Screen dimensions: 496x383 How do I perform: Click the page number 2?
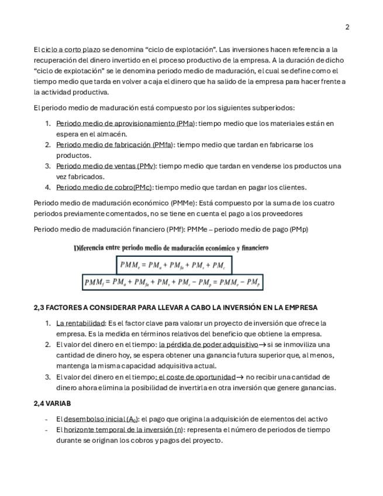347,27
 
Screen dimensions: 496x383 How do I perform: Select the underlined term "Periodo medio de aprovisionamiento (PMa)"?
126,123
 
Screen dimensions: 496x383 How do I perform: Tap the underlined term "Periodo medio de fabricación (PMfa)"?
115,144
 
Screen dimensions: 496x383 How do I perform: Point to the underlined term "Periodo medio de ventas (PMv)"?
106,166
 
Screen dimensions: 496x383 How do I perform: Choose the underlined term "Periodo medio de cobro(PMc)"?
104,188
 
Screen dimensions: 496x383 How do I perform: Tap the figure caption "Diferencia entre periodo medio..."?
171,248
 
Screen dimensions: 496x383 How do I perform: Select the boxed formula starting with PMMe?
174,265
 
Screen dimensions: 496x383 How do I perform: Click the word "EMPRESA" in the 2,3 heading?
300,308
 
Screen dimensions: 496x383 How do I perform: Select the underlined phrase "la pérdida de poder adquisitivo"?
208,345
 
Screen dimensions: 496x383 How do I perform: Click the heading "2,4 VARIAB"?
53,404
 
